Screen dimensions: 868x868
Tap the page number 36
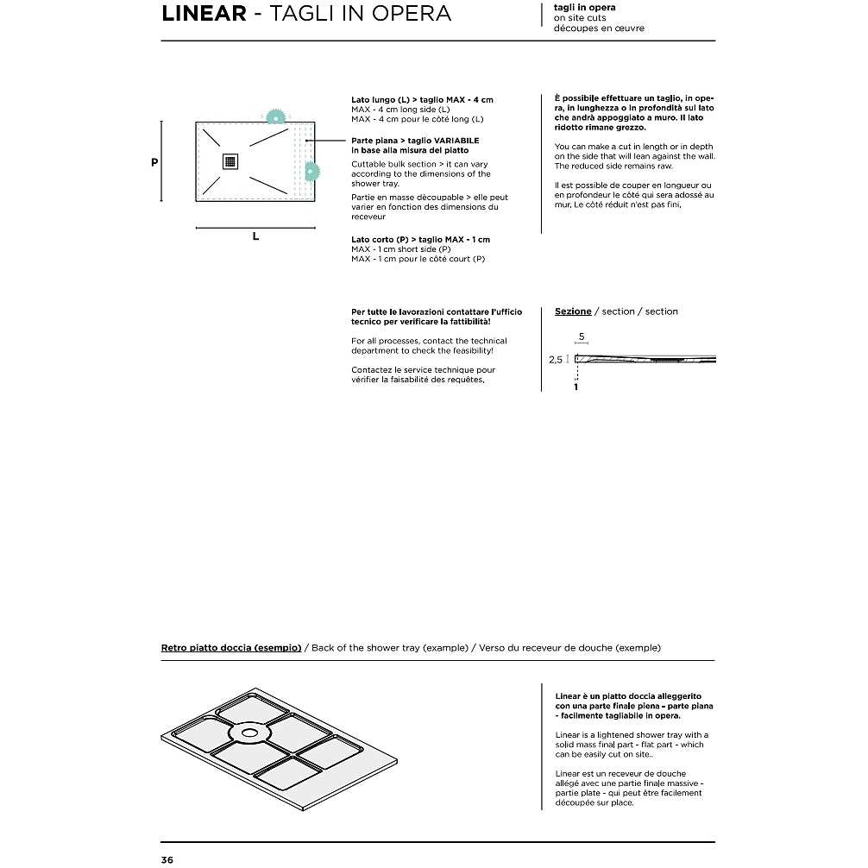(167, 859)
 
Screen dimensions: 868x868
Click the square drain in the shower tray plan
(230, 160)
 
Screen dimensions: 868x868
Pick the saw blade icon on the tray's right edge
(311, 172)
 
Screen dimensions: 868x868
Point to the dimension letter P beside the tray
(154, 161)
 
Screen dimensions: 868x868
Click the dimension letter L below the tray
(255, 236)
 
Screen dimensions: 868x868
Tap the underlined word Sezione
(573, 311)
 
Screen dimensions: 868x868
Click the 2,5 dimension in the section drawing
(557, 360)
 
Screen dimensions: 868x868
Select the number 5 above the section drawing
(582, 336)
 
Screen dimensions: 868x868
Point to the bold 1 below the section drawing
(576, 387)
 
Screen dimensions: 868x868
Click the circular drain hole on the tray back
(250, 733)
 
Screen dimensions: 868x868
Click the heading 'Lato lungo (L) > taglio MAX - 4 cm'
(422, 100)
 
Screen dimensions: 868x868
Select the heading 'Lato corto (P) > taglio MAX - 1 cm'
(420, 239)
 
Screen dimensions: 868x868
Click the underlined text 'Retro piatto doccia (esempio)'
(231, 647)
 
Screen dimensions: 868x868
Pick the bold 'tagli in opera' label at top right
(584, 8)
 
